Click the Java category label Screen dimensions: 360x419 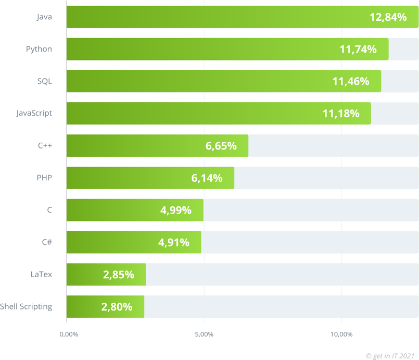pyautogui.click(x=44, y=17)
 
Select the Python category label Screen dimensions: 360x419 pyautogui.click(x=39, y=49)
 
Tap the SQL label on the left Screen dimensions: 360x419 pyautogui.click(x=45, y=81)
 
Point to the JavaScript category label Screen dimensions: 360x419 pyautogui.click(x=34, y=113)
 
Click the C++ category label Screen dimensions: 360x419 pyautogui.click(x=45, y=145)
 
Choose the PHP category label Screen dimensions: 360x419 pyautogui.click(x=44, y=178)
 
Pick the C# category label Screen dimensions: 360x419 pyautogui.click(x=47, y=242)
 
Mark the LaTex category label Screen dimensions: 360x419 pyautogui.click(x=42, y=274)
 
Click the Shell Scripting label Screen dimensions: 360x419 pyautogui.click(x=26, y=306)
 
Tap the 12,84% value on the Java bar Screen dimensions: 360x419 pyautogui.click(x=388, y=17)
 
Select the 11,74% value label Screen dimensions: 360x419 pyautogui.click(x=358, y=49)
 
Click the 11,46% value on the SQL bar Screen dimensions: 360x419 pyautogui.click(x=350, y=81)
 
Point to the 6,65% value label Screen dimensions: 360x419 pyautogui.click(x=221, y=146)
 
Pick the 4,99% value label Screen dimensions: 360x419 pyautogui.click(x=176, y=210)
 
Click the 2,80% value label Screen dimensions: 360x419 pyautogui.click(x=117, y=307)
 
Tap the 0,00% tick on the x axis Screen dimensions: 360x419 pyautogui.click(x=67, y=334)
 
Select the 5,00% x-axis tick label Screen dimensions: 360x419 pyautogui.click(x=204, y=334)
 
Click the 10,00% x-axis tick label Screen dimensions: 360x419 pyautogui.click(x=341, y=334)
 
